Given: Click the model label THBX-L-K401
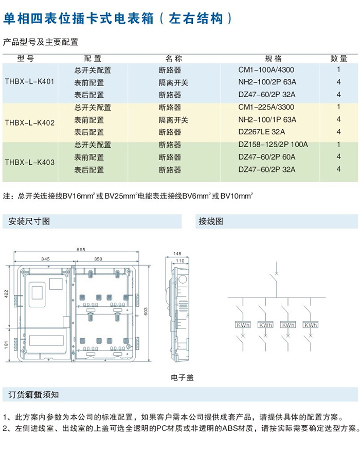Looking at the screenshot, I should click(x=29, y=81).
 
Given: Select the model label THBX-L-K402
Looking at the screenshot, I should click(x=29, y=123).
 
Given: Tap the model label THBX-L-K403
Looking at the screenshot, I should click(x=29, y=162).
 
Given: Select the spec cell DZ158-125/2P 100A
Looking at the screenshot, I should click(x=273, y=145).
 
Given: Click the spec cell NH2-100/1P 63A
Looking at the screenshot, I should click(x=267, y=120).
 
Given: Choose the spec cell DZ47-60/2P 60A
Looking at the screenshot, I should click(x=267, y=157).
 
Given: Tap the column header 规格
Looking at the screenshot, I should click(x=273, y=59).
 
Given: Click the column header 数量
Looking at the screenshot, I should click(x=339, y=59).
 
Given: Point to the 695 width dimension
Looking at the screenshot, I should click(x=81, y=249).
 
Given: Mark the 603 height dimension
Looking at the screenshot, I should click(x=146, y=310).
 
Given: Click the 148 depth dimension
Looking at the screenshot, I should click(x=178, y=253).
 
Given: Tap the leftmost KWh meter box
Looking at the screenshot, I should click(x=242, y=325).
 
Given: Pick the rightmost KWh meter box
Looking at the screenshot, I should click(x=311, y=325).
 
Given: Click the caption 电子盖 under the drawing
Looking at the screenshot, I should click(x=183, y=377).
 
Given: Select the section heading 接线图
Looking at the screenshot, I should click(x=211, y=222).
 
